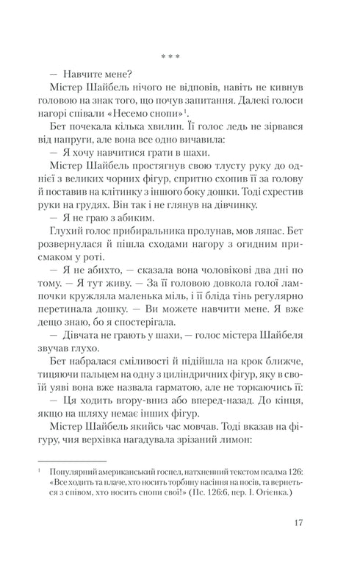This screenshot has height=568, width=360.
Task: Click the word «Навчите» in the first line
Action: coord(93,75)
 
